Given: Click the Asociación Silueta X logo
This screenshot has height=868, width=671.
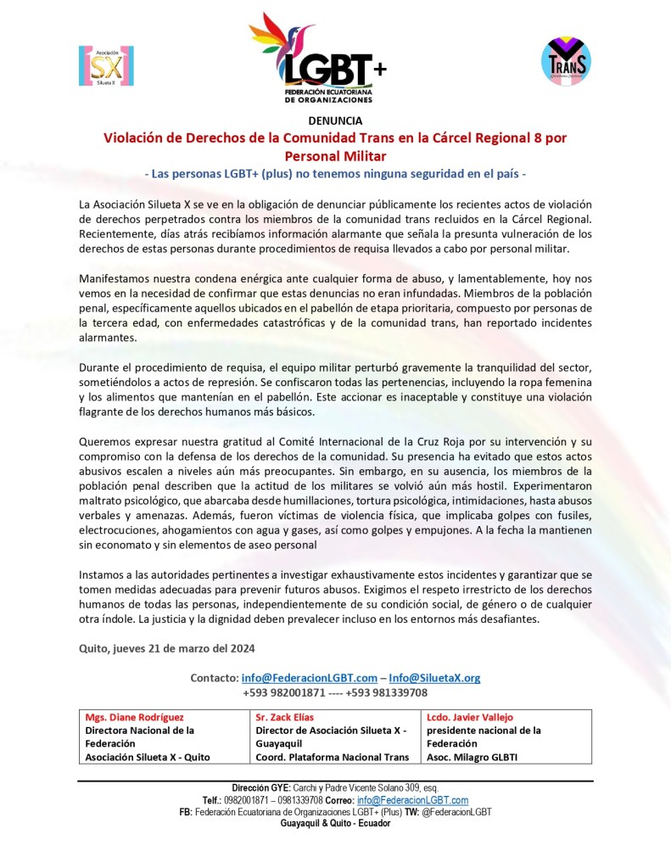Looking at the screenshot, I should coord(106,65).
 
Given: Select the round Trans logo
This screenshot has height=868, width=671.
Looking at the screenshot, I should coord(566,59).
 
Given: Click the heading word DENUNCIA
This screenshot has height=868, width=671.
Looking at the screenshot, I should coord(335,120).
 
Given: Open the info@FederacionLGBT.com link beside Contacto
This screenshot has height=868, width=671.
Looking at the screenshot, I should coord(309,678).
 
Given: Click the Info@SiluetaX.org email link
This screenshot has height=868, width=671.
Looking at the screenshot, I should coord(434,678).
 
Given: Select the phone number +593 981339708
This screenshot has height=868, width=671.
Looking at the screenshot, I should coord(389,692).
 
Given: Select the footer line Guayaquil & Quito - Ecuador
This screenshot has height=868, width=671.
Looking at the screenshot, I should coord(335,823).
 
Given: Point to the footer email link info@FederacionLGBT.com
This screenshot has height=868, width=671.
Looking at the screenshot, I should coord(412,800).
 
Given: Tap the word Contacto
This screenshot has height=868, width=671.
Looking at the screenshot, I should coord(215,678).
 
